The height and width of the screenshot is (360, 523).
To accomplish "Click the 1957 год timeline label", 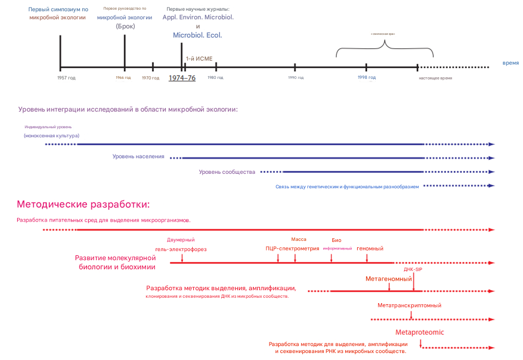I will point(67,78).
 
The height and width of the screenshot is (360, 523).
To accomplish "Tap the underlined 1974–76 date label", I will point(182,78).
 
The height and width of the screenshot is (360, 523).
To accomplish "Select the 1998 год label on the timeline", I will point(367,77).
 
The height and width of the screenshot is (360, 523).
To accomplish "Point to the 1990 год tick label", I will point(296,78).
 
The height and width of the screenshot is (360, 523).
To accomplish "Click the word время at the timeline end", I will point(511,63).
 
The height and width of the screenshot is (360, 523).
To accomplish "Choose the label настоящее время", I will point(435,78).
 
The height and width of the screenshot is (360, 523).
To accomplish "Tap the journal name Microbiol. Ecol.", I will point(198,35).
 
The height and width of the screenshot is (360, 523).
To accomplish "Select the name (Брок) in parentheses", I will point(125,26).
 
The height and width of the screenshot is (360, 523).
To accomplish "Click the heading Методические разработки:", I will point(83,204).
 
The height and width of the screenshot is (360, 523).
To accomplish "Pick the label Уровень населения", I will point(139,157).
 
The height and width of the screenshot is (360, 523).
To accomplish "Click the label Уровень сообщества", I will point(227,172).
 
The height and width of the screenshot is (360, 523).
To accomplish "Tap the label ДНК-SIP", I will point(413,269).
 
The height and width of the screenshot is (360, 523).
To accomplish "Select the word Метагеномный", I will point(389,279).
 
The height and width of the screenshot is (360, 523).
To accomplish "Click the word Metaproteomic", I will point(420,332).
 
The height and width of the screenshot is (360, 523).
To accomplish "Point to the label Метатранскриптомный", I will point(410,305).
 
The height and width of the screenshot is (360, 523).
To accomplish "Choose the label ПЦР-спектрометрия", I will point(292,248).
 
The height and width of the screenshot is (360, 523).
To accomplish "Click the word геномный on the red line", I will point(370,248).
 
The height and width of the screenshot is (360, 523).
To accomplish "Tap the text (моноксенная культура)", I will point(52,136).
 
